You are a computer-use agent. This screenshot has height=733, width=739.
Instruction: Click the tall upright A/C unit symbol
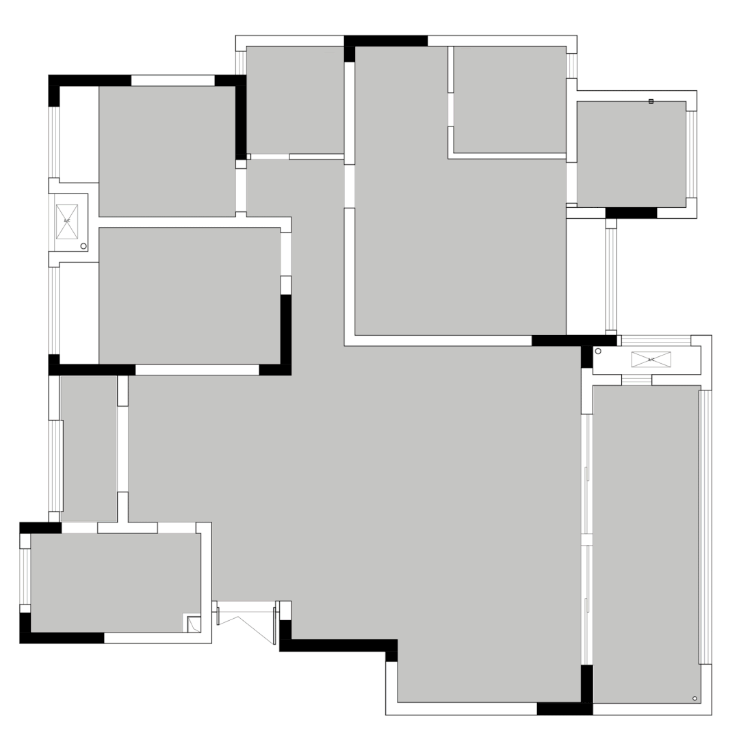coord(67,222)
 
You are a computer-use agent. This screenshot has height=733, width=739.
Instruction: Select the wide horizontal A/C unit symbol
coord(651,360)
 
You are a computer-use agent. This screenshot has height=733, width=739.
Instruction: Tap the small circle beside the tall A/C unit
coord(83,245)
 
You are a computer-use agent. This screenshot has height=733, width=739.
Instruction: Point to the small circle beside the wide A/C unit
coord(598,351)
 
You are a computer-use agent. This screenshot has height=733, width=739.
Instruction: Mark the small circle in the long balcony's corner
coord(695,698)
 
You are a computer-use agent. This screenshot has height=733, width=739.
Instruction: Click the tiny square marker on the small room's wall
coord(651,101)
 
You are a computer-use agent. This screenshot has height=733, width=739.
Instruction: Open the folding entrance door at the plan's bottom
coord(246,622)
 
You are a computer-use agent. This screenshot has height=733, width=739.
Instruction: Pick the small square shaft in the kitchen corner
coord(194,624)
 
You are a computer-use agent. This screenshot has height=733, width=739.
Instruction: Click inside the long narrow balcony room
coord(646,544)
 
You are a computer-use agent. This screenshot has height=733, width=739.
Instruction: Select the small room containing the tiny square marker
coord(631,154)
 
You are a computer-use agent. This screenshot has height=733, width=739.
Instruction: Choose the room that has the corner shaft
coord(115,583)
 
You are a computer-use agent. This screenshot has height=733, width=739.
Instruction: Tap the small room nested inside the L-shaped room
coord(509,99)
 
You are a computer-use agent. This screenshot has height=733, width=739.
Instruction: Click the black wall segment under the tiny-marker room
coord(631,213)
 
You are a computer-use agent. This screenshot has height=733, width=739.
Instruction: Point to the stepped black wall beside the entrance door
coord(339,646)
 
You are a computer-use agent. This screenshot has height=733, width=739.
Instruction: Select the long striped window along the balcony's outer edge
coord(705,527)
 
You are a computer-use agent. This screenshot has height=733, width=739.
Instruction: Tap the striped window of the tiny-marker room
coord(691,154)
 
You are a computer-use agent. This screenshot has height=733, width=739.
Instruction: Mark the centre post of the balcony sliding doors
coord(586,539)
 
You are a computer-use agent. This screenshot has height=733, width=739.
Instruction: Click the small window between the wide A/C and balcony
coord(636,380)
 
